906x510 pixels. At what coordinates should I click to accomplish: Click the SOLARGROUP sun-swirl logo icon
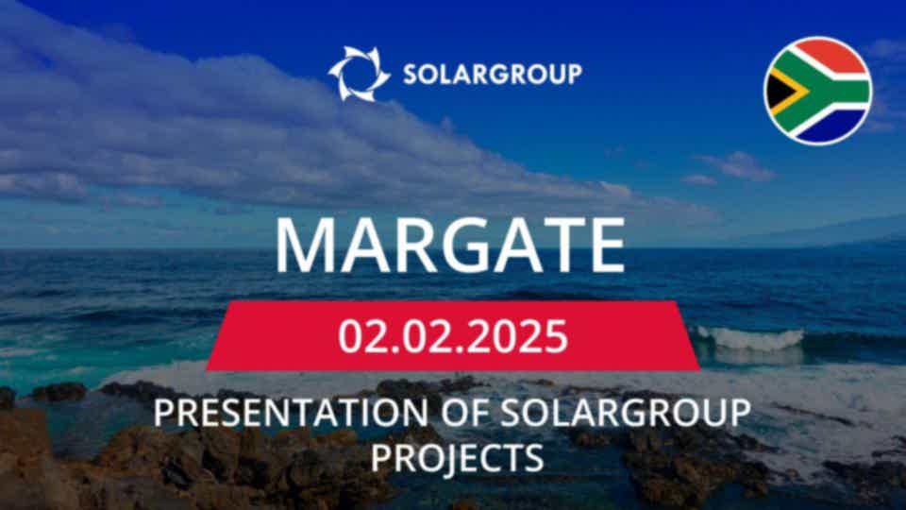pos(359,74)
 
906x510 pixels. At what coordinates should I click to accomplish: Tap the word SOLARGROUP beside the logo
pos(493,74)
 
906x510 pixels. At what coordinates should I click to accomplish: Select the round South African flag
pos(817,91)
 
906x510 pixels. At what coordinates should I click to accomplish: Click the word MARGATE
pos(450,246)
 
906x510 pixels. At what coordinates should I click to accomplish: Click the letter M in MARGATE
pos(306,246)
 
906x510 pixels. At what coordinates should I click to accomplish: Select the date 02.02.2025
pos(453,336)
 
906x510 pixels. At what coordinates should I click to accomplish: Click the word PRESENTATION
pos(290,413)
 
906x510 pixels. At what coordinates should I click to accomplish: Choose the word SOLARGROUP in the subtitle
pos(625,413)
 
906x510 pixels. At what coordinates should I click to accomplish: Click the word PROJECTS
pos(457,457)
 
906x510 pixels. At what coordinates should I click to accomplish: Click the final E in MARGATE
pos(607,246)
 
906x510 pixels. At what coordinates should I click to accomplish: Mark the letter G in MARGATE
pos(466,246)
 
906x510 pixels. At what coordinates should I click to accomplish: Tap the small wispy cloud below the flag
pos(737,166)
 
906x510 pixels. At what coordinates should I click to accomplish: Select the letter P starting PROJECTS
pos(380,457)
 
